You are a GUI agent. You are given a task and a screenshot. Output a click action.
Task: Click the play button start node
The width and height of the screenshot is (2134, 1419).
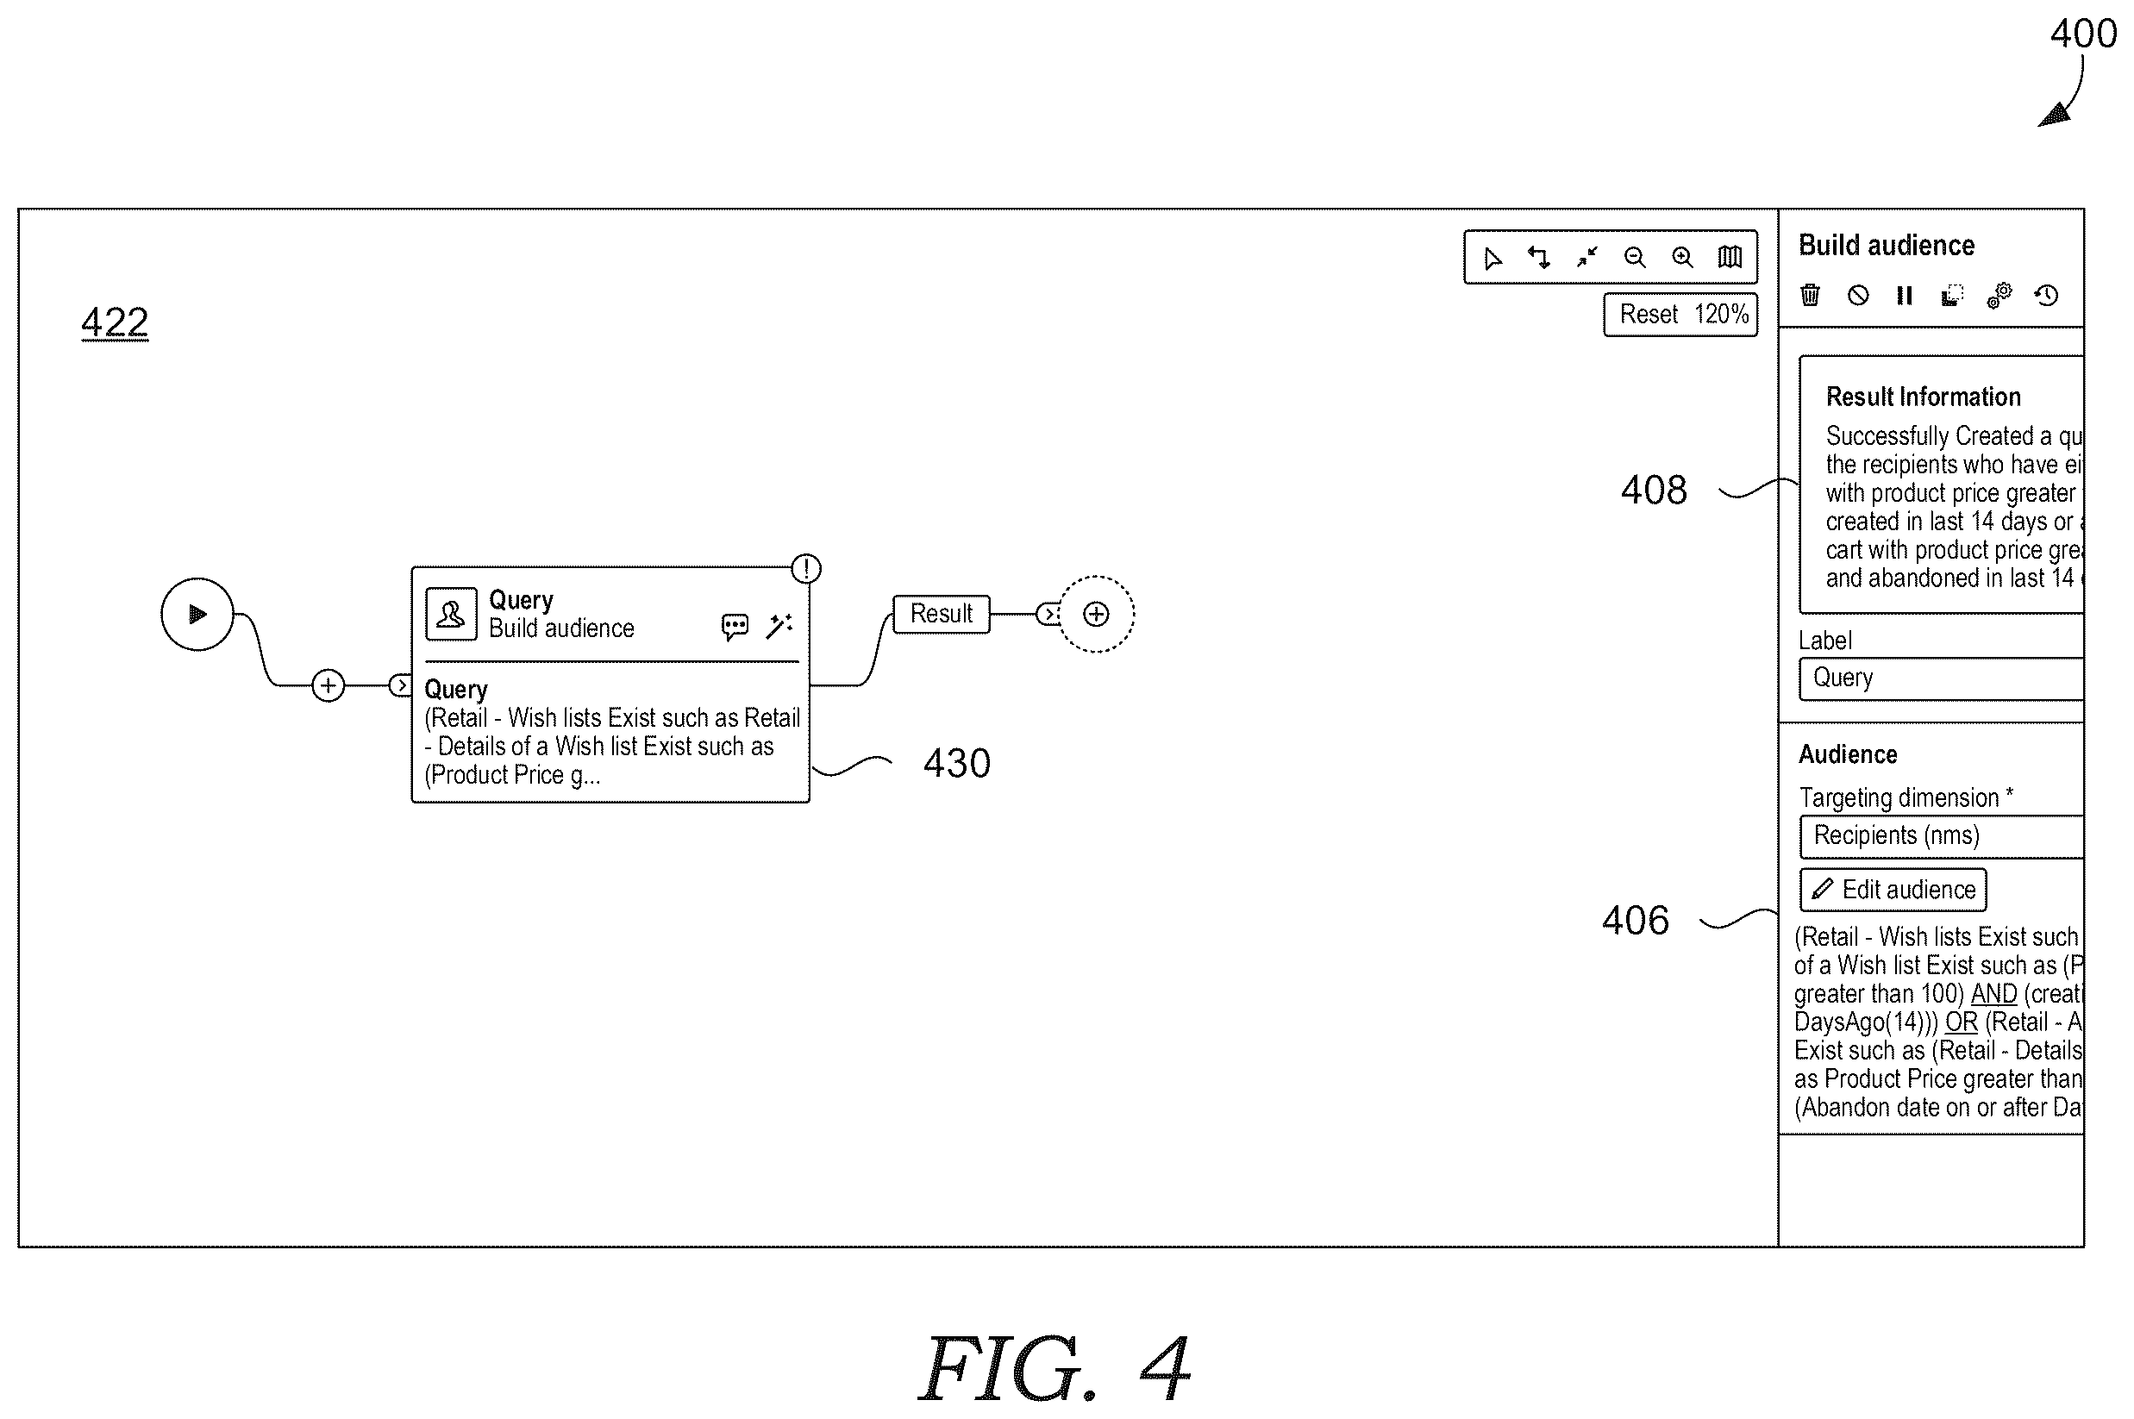(197, 615)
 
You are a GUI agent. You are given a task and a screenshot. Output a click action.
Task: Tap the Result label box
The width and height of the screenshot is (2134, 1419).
(942, 614)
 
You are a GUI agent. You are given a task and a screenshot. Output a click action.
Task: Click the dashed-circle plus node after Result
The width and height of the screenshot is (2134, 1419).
(1096, 615)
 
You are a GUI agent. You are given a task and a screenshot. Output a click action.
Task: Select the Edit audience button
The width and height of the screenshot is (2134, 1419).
(1893, 890)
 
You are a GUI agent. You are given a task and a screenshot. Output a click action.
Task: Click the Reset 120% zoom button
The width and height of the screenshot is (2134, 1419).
(1680, 314)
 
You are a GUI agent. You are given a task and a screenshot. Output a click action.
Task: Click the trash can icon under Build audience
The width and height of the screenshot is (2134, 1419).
(1810, 295)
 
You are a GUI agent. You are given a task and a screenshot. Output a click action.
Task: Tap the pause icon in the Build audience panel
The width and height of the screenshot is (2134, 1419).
(1904, 295)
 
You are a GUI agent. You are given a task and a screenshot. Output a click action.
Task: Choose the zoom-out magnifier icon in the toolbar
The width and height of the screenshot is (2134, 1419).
(1635, 258)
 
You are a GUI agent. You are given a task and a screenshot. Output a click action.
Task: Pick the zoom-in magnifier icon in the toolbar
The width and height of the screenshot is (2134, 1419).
(1682, 258)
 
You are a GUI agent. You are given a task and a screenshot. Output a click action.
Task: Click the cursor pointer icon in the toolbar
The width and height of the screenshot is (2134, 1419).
(1493, 259)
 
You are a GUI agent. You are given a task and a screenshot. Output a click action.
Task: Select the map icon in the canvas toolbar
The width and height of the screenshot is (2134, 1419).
(1730, 258)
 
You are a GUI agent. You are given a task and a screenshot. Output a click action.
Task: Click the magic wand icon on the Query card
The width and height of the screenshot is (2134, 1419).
(779, 626)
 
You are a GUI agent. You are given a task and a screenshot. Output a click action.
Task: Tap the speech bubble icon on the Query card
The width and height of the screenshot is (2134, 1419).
(735, 626)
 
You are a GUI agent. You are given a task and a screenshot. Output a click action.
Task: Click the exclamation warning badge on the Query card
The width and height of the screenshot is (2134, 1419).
(806, 568)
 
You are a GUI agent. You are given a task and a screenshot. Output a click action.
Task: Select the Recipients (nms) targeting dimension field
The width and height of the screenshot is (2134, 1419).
(1941, 836)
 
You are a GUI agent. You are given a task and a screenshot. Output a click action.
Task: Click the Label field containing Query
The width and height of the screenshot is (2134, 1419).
(1941, 678)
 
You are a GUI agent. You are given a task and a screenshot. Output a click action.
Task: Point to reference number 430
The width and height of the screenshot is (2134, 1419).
(956, 763)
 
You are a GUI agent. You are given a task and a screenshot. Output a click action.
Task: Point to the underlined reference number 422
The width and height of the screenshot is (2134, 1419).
(115, 322)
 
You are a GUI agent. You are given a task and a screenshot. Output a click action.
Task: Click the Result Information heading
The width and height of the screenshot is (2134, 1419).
(1923, 397)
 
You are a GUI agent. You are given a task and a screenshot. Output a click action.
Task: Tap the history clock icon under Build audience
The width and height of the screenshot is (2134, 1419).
(2046, 295)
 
